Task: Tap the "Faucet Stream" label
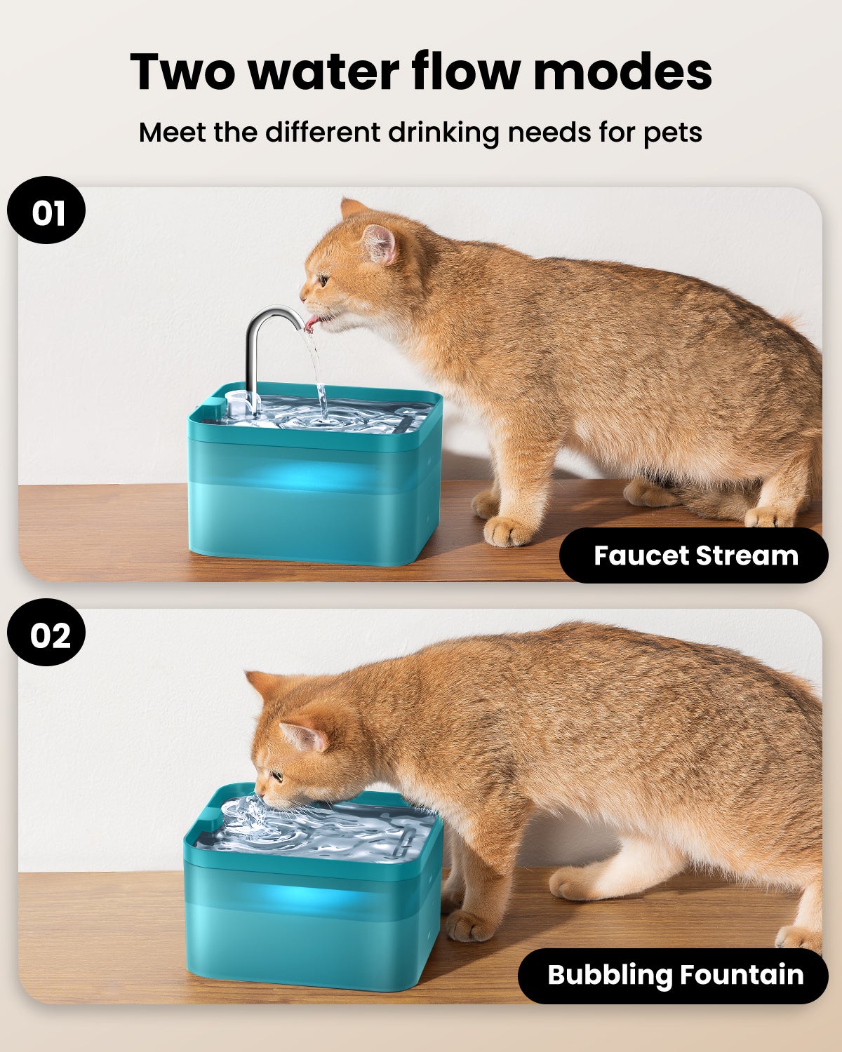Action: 695,555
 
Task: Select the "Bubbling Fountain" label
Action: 674,975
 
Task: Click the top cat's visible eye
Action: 323,281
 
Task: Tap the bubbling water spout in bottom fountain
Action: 246,818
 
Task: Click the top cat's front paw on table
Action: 509,531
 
